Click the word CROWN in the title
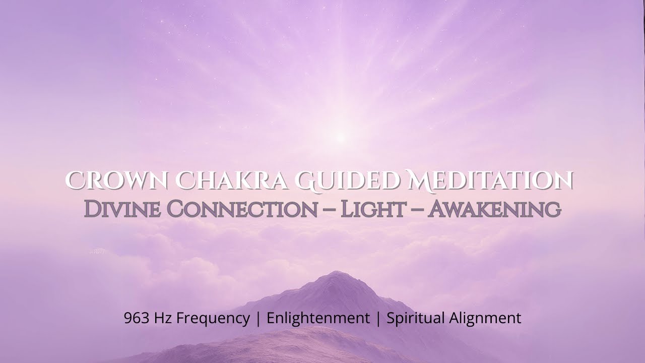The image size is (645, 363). [x=116, y=180]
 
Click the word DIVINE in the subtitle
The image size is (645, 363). [x=122, y=209]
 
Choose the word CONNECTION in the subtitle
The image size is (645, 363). [x=242, y=209]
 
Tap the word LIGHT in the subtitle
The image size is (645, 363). [x=373, y=209]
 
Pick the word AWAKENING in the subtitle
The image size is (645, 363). [x=495, y=209]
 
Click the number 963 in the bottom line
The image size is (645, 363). [x=137, y=318]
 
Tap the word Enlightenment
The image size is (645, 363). [x=318, y=318]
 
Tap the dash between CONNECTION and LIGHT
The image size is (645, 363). [x=329, y=211]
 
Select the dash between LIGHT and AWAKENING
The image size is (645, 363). [x=417, y=211]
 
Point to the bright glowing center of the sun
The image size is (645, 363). [x=341, y=138]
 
